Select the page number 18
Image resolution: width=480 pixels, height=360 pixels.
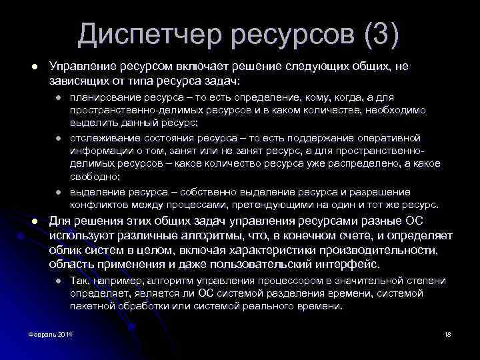click(448, 333)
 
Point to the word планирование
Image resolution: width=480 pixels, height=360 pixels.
click(102, 97)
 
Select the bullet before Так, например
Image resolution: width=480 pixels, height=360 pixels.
click(59, 281)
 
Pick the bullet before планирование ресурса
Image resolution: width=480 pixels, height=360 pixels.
click(59, 98)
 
